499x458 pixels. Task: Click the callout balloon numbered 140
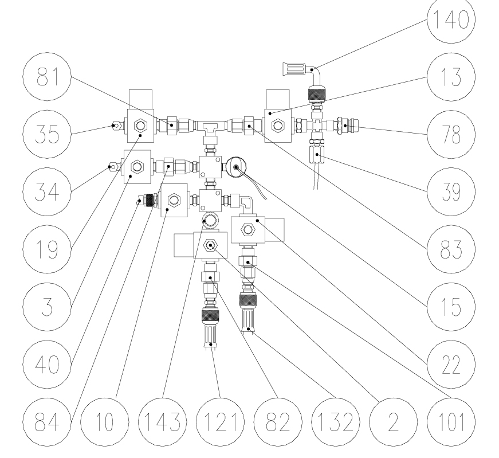coord(451,19)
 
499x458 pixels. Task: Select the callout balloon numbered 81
coord(47,77)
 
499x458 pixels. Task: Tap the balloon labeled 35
coord(47,134)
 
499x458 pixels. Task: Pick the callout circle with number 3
coord(47,307)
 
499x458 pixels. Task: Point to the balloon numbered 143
coord(163,422)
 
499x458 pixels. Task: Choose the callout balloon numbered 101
coord(451,422)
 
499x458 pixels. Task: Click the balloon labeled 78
coord(451,134)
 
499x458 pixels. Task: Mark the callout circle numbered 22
coord(451,365)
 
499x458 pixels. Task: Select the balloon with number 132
coord(335,422)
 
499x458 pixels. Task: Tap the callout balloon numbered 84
coord(47,422)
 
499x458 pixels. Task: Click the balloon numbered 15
coord(451,307)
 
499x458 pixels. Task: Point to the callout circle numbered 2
coord(394,422)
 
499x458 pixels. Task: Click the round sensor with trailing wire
coord(236,167)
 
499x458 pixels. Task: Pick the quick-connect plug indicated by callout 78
coord(348,125)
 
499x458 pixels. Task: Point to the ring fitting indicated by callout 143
coord(210,220)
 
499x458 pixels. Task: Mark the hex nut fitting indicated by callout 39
coord(317,154)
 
